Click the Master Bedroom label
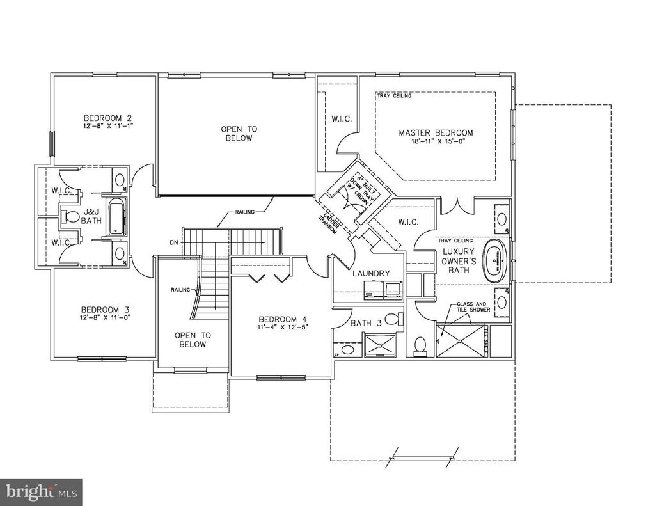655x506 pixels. (x=436, y=133)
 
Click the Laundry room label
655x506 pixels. (x=371, y=273)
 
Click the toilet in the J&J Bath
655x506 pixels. (x=72, y=217)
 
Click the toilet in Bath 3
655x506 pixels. (x=397, y=318)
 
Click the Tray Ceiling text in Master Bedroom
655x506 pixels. (x=395, y=97)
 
